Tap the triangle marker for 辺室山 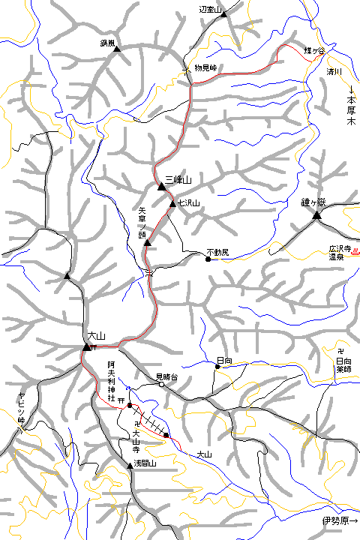click(223, 13)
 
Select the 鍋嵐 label click(106, 43)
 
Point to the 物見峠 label click(205, 67)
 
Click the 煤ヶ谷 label click(313, 50)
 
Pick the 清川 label click(334, 72)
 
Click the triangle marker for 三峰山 click(160, 187)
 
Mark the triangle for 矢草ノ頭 click(148, 243)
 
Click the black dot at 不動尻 click(208, 259)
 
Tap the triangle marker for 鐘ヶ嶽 click(316, 216)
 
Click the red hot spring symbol click(355, 252)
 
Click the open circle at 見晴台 click(161, 384)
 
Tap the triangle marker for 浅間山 click(130, 466)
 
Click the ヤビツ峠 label click(22, 409)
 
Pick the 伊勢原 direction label click(340, 521)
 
